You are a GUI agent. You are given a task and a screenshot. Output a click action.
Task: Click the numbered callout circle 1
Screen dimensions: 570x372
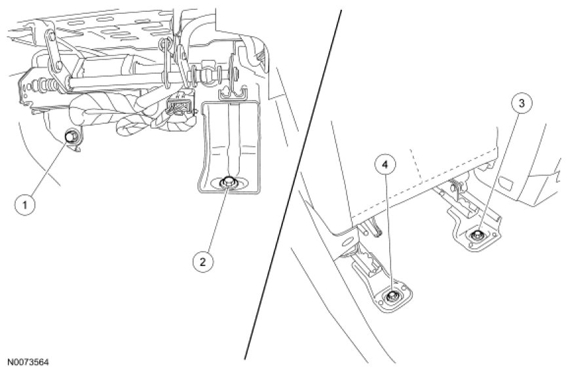coord(25,205)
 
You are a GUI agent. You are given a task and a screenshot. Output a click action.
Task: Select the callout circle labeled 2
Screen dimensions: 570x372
coord(203,261)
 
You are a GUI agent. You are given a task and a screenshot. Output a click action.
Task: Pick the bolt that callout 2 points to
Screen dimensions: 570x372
coord(229,183)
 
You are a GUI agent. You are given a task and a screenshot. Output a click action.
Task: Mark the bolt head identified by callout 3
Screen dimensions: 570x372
coord(480,233)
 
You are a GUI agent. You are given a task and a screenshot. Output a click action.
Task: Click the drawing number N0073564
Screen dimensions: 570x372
coord(28,362)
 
